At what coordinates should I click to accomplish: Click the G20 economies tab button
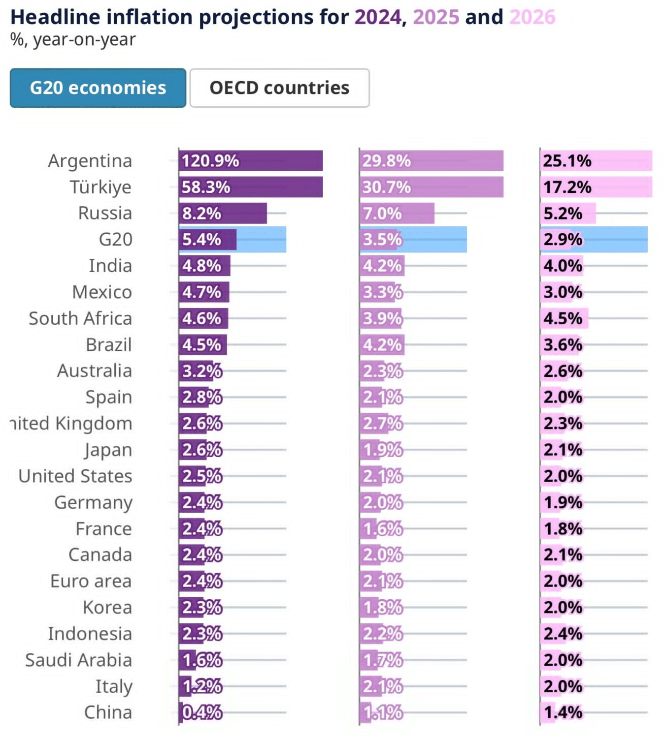point(98,88)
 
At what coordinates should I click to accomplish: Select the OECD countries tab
point(279,88)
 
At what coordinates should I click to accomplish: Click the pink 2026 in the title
point(532,17)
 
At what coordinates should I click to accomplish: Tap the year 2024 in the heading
point(378,17)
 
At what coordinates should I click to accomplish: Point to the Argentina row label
point(90,161)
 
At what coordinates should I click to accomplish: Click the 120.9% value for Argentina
point(210,161)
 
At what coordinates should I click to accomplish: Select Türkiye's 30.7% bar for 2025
point(431,187)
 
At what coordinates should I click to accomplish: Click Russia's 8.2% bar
point(223,214)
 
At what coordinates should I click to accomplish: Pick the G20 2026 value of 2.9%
point(563,240)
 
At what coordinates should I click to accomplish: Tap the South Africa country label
point(80,318)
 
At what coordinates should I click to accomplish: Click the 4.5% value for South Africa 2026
point(563,318)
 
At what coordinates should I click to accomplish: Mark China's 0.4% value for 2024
point(202,712)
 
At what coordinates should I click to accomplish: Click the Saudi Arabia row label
point(79,660)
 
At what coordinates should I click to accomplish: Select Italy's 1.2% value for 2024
point(202,686)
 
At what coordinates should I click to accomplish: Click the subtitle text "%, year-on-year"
point(73,39)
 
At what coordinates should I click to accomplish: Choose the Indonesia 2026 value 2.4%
point(563,634)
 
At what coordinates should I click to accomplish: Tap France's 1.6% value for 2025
point(383,529)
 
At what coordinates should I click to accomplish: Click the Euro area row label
point(91,581)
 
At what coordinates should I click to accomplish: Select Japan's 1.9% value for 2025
point(383,450)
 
